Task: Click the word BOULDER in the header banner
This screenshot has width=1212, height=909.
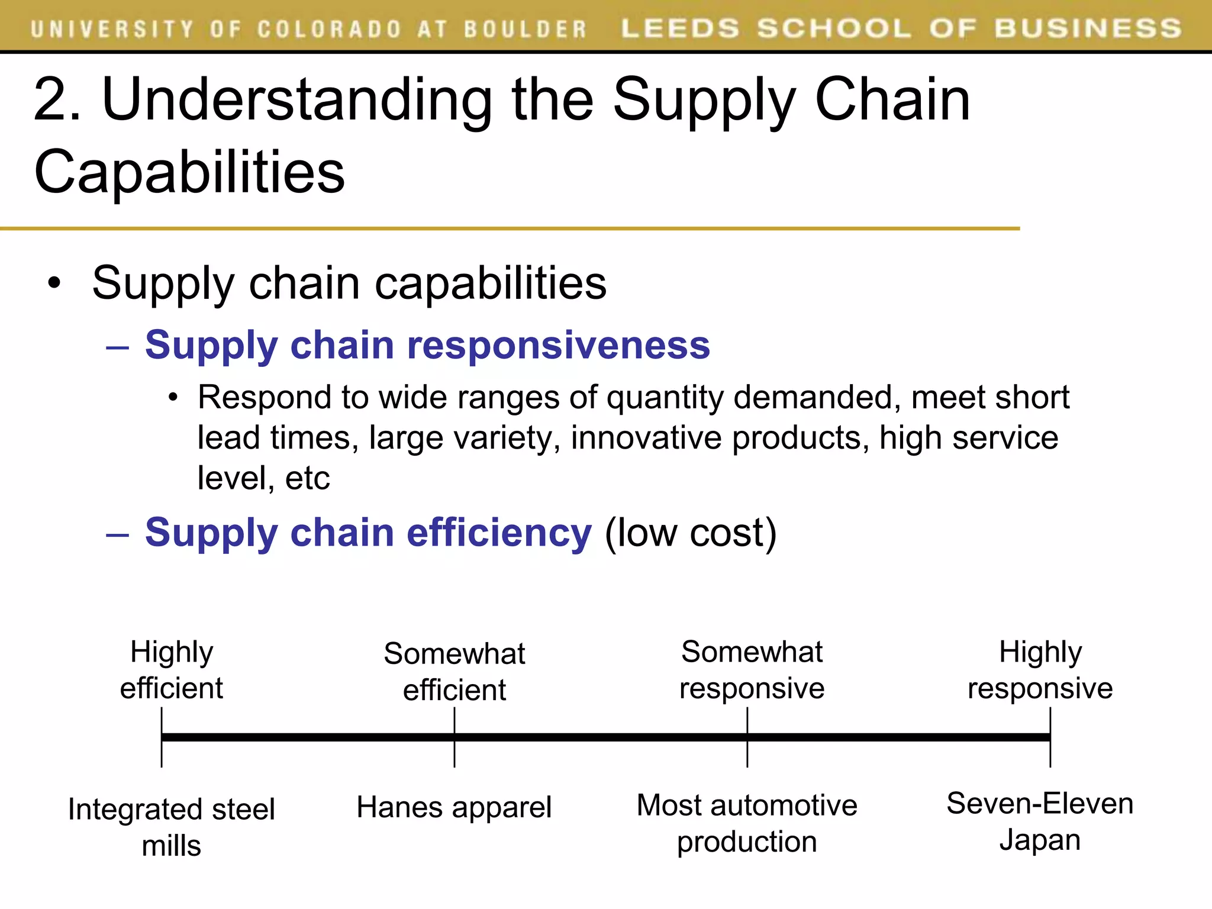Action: point(524,29)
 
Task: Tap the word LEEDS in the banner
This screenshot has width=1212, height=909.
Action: point(680,28)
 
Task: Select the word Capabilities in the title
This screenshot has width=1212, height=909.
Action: point(189,172)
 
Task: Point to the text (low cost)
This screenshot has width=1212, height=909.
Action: point(690,533)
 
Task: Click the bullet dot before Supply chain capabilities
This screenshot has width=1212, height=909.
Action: point(54,283)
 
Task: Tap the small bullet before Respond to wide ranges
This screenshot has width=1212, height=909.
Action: point(172,398)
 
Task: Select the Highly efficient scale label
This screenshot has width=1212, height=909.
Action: point(172,670)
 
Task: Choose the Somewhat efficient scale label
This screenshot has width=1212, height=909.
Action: point(454,672)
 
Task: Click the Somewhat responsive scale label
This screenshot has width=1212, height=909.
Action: point(752,670)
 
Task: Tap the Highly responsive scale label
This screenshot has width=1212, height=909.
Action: point(1040,670)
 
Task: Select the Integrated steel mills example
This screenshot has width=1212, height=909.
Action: point(172,827)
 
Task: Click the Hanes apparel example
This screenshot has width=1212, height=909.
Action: point(454,807)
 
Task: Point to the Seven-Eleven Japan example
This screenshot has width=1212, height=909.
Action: point(1040,821)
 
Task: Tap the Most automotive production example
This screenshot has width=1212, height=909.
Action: point(747,823)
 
